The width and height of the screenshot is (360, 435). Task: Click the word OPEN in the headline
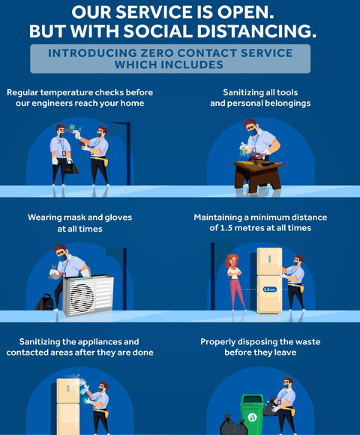245,13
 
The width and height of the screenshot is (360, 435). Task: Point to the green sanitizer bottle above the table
243,149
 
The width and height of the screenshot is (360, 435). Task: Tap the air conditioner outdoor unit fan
81,296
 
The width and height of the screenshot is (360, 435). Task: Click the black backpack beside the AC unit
44,302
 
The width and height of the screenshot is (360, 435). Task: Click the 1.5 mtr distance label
269,289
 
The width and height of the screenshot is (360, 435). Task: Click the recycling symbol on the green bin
253,417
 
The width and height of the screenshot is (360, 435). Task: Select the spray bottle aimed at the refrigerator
84,388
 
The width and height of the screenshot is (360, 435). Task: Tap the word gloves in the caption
118,217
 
